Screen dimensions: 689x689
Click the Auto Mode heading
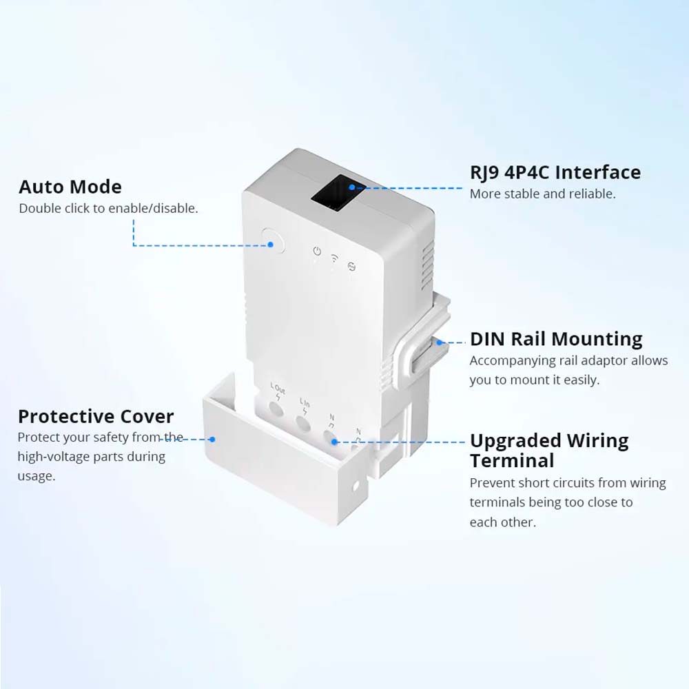pyautogui.click(x=70, y=187)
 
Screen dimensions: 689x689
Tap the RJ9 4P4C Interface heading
pyautogui.click(x=555, y=172)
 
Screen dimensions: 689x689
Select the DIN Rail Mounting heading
pyautogui.click(x=556, y=339)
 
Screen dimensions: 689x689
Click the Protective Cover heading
pyautogui.click(x=96, y=416)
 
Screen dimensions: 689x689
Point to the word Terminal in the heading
pyautogui.click(x=512, y=460)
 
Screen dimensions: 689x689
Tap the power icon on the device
pyautogui.click(x=317, y=251)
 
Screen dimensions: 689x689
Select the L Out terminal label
pyautogui.click(x=277, y=389)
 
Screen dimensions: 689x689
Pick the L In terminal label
pyautogui.click(x=305, y=402)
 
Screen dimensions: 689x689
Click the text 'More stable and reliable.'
pyautogui.click(x=542, y=194)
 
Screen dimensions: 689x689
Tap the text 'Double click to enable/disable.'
pyautogui.click(x=108, y=208)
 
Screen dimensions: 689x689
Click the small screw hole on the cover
pyautogui.click(x=355, y=486)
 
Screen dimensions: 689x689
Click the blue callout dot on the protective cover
pyautogui.click(x=213, y=439)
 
